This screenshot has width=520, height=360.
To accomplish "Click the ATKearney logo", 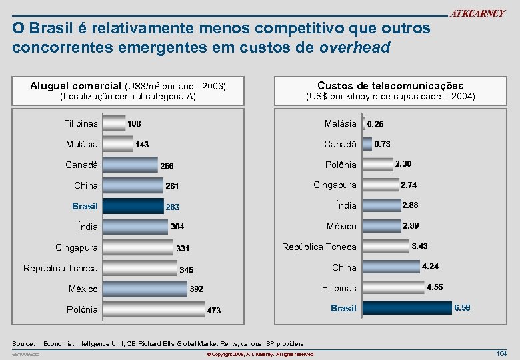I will coord(477,14).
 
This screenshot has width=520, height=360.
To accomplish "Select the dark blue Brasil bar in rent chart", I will coord(133,206).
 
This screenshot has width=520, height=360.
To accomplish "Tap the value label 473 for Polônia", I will coord(214,311).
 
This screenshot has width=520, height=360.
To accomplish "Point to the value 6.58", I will coord(462,308).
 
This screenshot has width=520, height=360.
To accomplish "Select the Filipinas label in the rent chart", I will coord(81,123).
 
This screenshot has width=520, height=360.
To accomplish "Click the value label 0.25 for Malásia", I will coord(375,124).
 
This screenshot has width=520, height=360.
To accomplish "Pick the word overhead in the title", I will coord(355,48).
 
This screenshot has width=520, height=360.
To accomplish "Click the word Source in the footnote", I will coord(23,343).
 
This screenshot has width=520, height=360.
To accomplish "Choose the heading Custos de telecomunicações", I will coord(390,86).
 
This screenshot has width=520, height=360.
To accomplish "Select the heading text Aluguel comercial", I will coord(76,86).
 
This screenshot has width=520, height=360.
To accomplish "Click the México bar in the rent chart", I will coord(145,289).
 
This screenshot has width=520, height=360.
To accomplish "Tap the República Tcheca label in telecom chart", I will coord(319,247).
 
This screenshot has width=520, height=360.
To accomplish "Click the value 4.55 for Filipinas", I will coord(435,287).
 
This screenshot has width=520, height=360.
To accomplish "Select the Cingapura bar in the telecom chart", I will coord(379,185).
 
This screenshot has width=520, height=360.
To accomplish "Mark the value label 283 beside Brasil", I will coord(173,207).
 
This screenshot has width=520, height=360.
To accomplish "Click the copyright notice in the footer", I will coord(260,354).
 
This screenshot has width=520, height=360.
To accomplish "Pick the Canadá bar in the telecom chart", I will coord(366,144).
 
